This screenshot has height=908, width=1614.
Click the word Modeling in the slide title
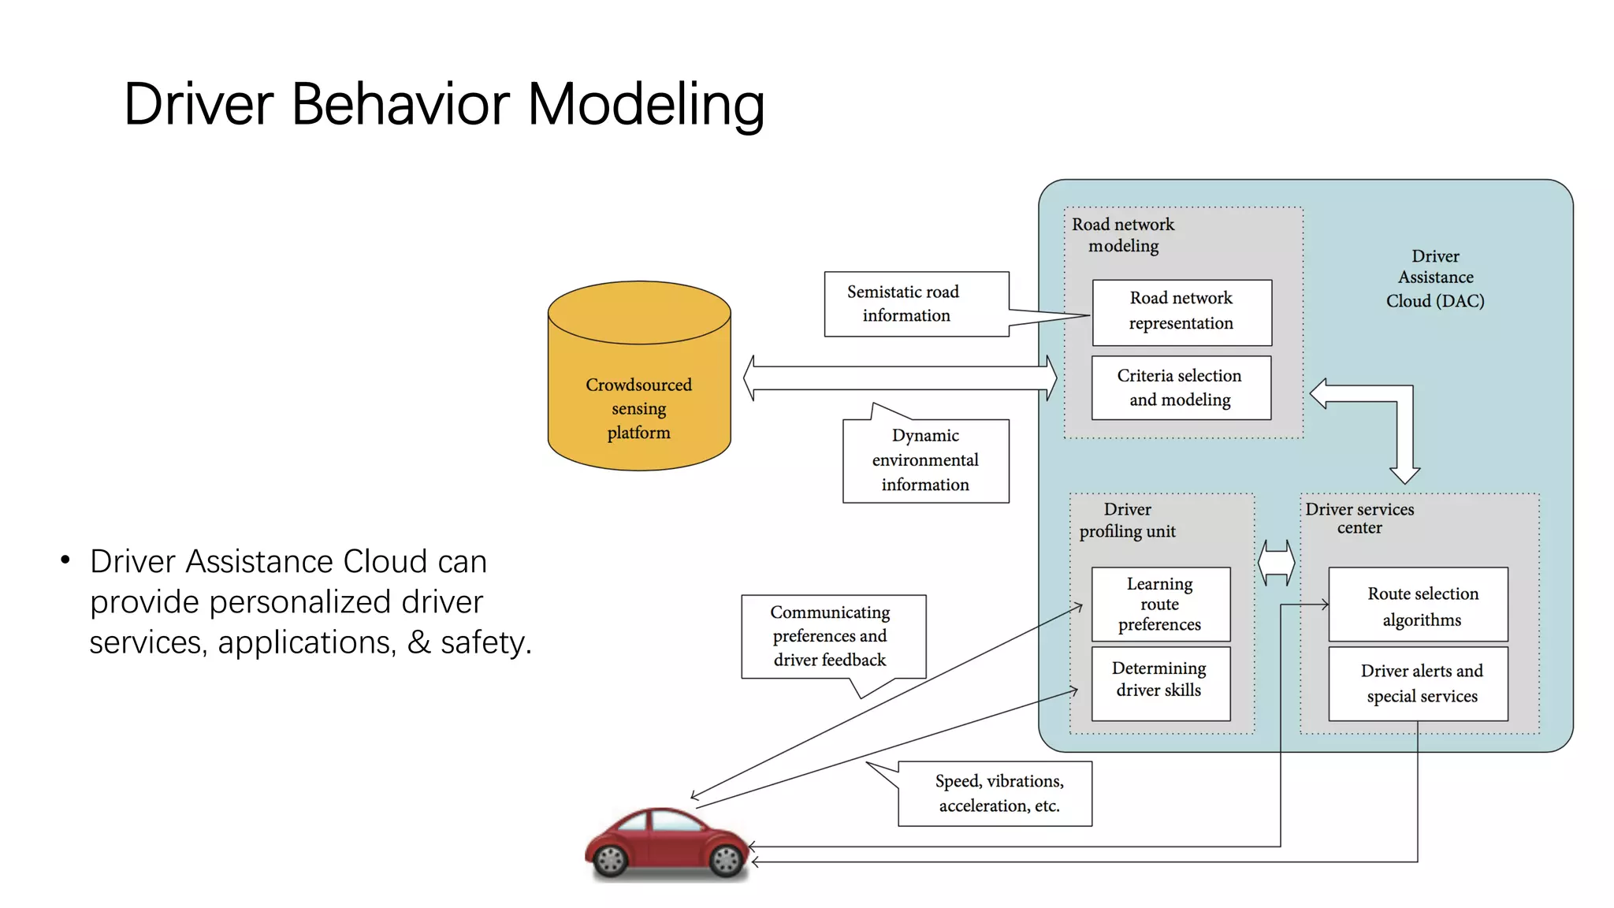point(645,104)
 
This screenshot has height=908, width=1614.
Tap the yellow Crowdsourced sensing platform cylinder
point(639,394)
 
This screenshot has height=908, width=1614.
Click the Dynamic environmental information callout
point(925,460)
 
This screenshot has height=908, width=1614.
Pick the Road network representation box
point(1181,312)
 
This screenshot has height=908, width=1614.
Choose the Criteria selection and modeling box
point(1181,388)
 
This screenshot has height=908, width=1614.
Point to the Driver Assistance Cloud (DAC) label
point(1435,278)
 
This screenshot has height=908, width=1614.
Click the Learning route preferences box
point(1160,604)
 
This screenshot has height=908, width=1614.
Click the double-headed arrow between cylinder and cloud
point(900,378)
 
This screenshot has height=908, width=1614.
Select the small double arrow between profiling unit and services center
point(1277,563)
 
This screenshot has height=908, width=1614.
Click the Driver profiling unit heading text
point(1127,520)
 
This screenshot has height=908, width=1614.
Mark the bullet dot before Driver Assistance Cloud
point(65,560)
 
